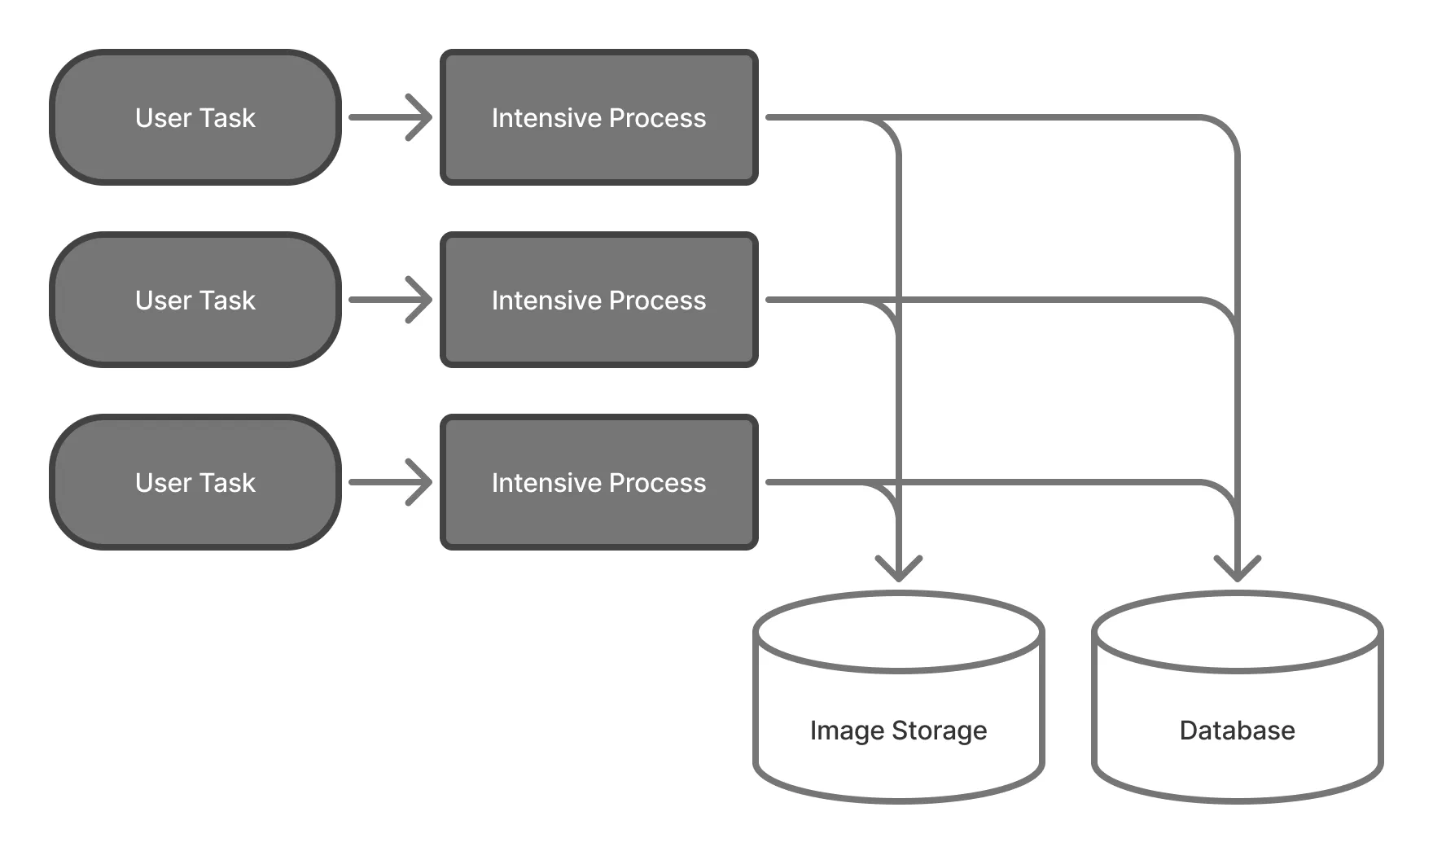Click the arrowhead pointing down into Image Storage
(x=898, y=569)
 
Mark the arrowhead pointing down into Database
(x=1237, y=569)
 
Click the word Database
(x=1237, y=731)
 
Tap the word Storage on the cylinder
(x=939, y=731)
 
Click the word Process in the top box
(x=657, y=118)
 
